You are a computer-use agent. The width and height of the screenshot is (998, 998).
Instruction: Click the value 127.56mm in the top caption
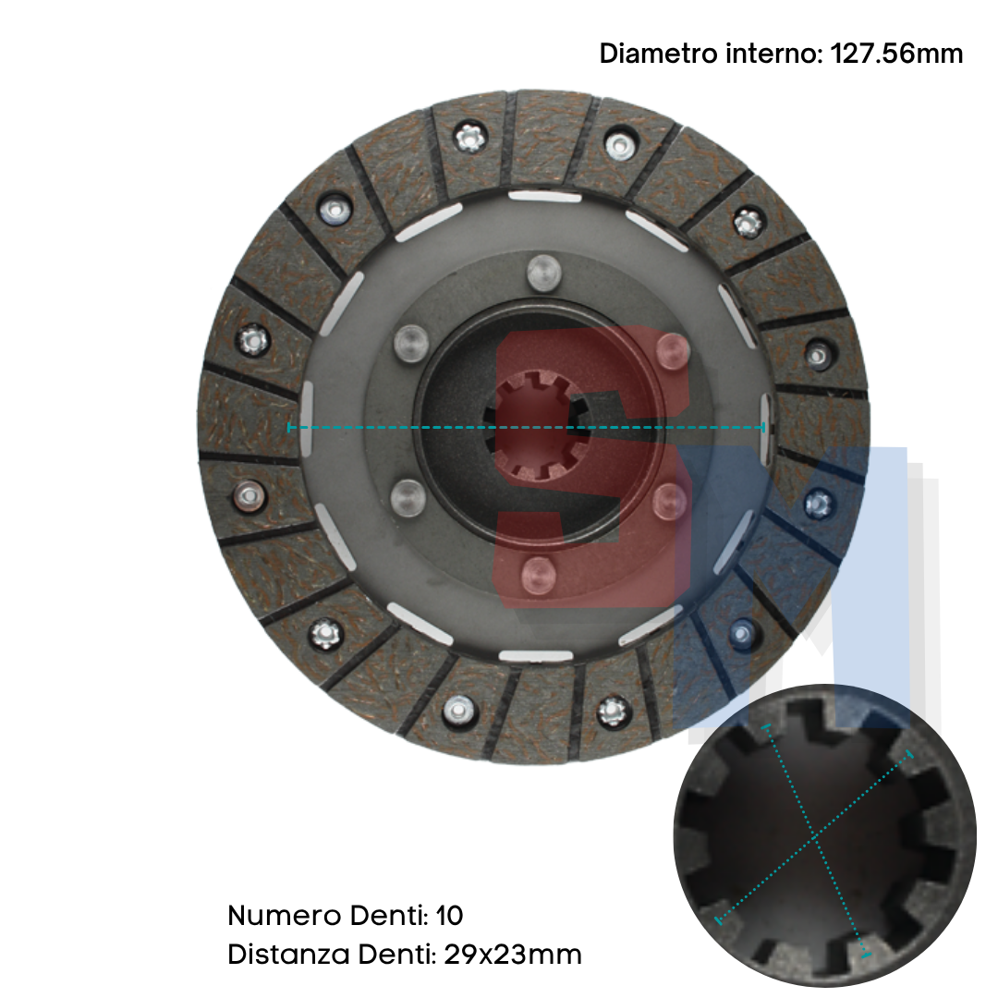coord(896,54)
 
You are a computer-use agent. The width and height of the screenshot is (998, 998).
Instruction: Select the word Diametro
coord(658,54)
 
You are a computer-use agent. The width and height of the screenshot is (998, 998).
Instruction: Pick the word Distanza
coord(289,954)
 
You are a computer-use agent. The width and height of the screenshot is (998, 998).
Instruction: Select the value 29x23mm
coord(513,954)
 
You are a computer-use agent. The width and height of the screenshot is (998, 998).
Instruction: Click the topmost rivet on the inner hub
coord(544,273)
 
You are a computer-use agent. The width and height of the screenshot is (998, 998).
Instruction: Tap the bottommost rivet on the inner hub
coord(539,575)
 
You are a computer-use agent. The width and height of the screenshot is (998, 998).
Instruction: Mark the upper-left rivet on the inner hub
coord(411,343)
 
